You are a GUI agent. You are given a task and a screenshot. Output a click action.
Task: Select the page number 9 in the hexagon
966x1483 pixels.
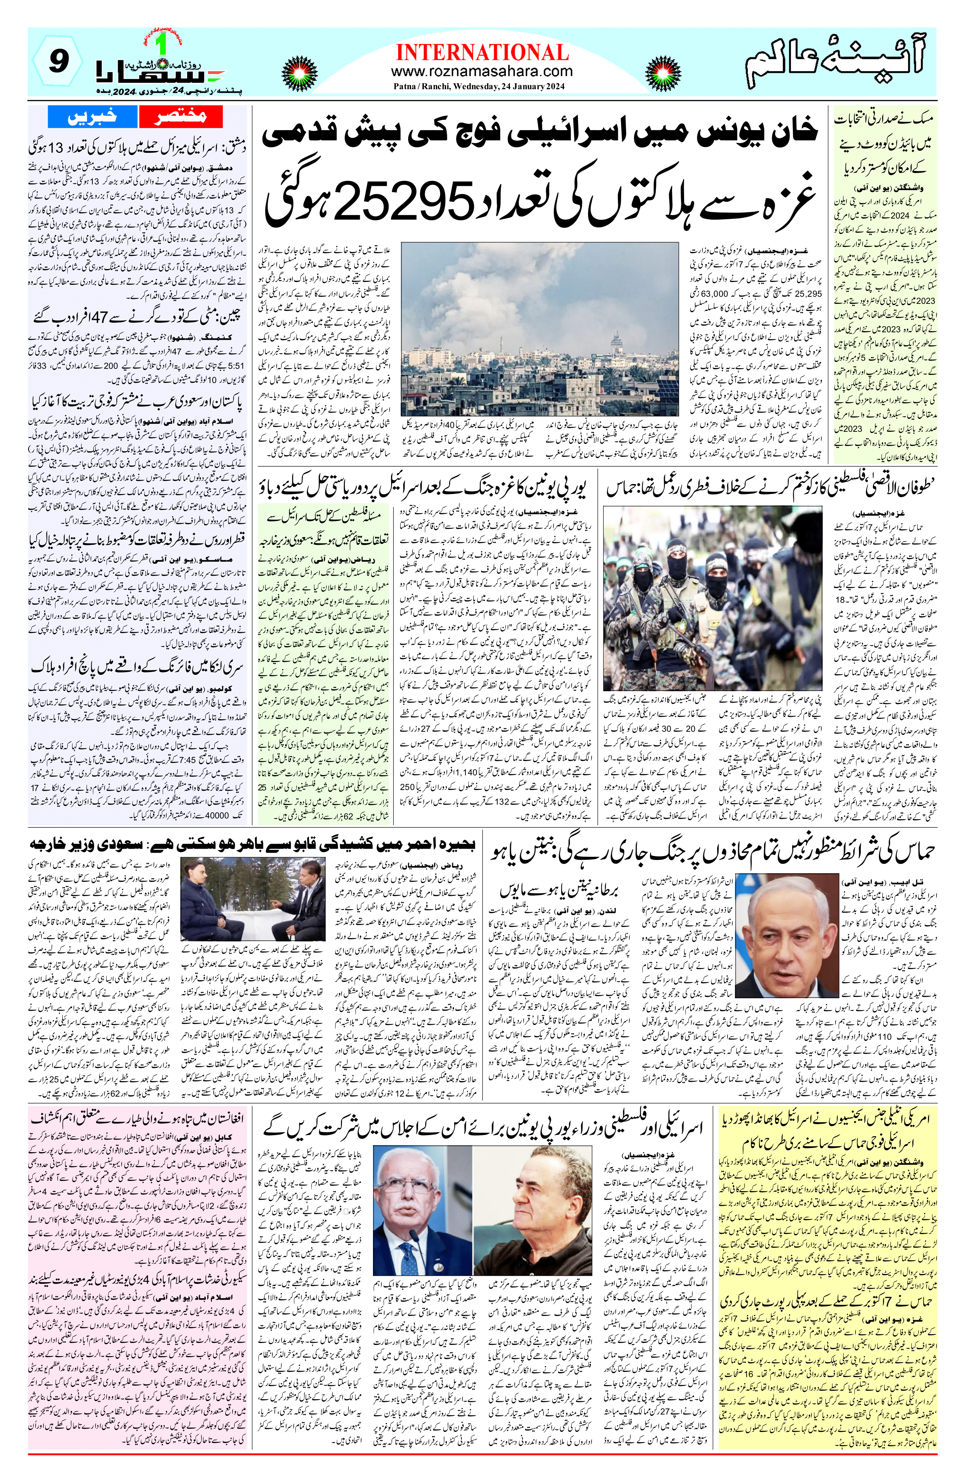pyautogui.click(x=57, y=62)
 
